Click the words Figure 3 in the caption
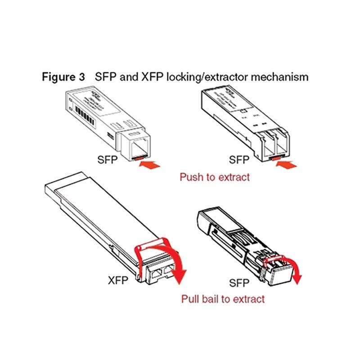63,77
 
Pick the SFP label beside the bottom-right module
239,283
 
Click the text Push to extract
214,177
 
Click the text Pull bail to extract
223,298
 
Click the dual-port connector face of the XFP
161,273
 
